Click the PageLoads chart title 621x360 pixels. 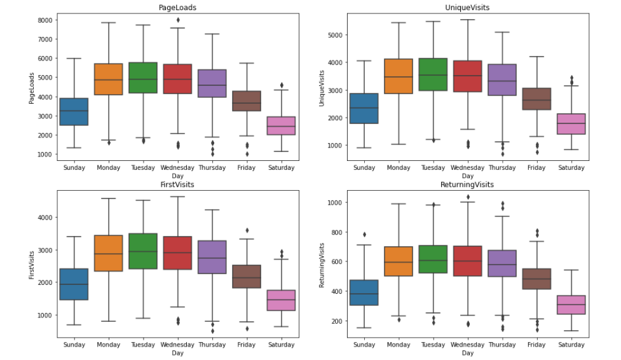[x=177, y=7]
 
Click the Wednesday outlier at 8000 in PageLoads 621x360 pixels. [x=177, y=20]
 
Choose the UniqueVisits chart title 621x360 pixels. [x=467, y=7]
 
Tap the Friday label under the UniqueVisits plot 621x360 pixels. [x=536, y=168]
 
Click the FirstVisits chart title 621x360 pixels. [x=177, y=184]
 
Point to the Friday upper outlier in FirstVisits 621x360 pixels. [x=247, y=230]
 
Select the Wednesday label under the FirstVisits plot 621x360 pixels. [x=177, y=345]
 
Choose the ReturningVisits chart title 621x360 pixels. [x=467, y=184]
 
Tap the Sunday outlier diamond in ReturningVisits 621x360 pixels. [x=364, y=235]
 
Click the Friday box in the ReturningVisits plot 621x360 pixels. [x=536, y=279]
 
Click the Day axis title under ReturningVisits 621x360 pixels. [x=467, y=353]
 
